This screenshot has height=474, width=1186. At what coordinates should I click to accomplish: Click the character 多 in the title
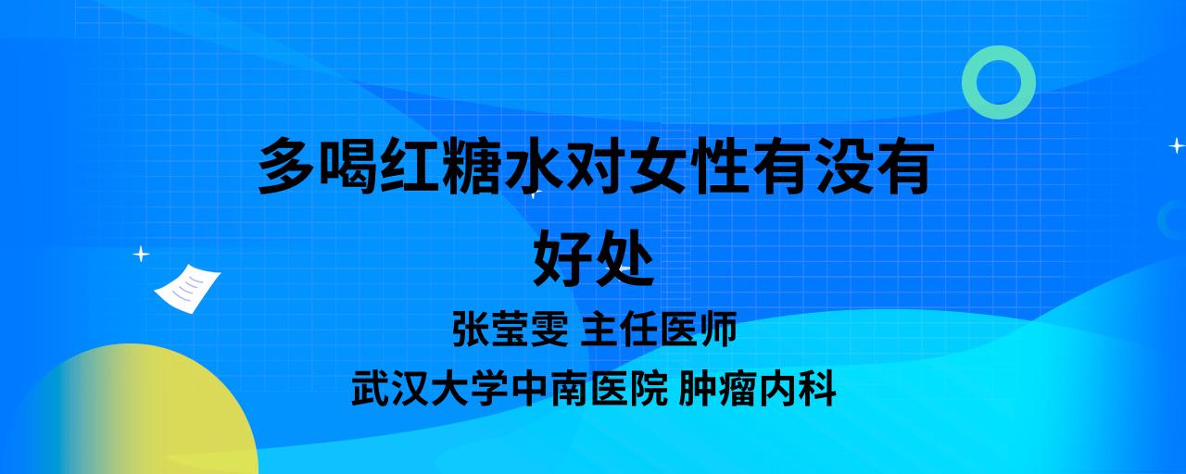pos(287,166)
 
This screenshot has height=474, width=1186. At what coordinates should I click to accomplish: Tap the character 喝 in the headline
pos(348,166)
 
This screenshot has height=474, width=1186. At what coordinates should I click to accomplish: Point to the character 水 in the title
pos(533,166)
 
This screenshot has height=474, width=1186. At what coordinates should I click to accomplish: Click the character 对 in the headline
pos(594,166)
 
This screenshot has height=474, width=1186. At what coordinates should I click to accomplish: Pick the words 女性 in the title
pos(687,166)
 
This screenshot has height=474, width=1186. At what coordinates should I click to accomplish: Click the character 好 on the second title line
pos(562,258)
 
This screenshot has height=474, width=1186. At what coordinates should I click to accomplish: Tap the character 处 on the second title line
pos(624,258)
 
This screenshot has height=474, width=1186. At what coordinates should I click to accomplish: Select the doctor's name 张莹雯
pos(511,329)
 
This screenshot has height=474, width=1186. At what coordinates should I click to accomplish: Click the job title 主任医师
pos(659,329)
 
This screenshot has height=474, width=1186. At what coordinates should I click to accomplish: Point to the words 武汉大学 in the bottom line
pos(430,389)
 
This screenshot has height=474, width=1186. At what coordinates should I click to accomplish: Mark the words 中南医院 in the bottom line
pos(588,389)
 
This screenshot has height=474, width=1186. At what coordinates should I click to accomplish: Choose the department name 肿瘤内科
pos(757,389)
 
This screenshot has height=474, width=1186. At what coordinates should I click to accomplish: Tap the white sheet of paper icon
pos(187,289)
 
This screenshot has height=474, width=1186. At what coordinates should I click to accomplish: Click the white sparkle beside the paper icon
pos(141,255)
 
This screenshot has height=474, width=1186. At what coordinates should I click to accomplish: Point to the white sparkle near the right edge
pos(1177,145)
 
